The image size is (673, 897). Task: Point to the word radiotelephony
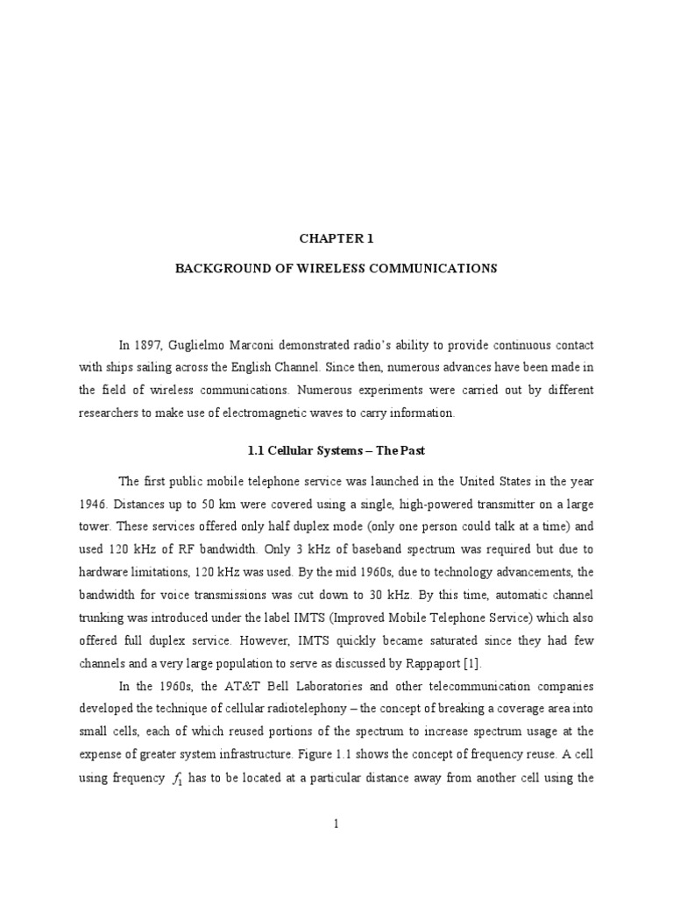click(x=337, y=709)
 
